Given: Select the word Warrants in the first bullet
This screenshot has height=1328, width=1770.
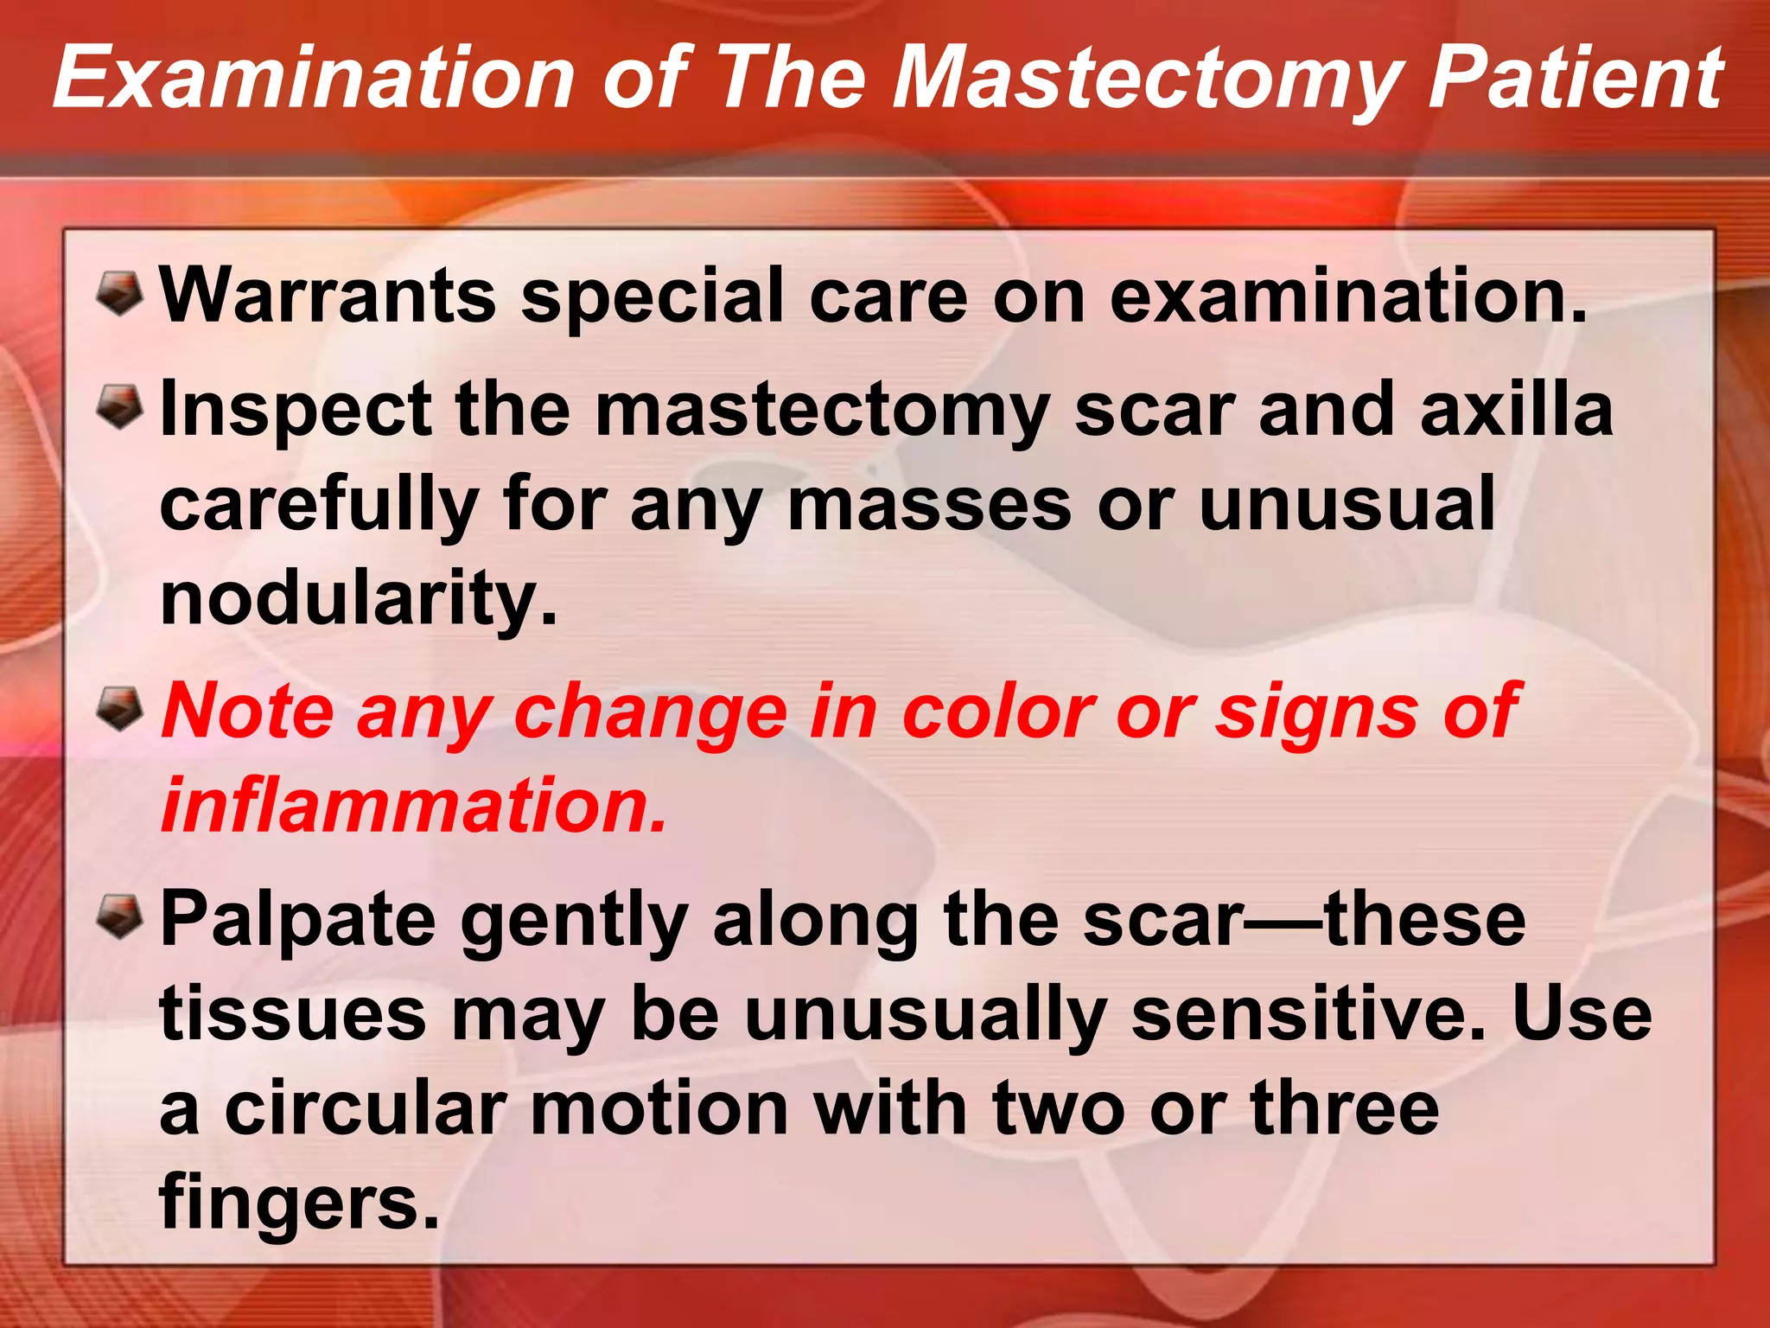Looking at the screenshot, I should [328, 297].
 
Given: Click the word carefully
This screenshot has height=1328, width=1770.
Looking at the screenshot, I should [319, 505].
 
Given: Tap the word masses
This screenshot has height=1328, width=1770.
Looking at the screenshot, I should [929, 505].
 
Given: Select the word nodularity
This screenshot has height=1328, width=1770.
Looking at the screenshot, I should [359, 600].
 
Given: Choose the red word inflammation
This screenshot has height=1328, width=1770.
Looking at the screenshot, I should [415, 806].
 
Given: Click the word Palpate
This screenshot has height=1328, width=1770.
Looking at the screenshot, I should [297, 920].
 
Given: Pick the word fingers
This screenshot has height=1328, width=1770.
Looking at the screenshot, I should [299, 1203].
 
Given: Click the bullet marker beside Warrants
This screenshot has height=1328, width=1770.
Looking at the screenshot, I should [119, 292].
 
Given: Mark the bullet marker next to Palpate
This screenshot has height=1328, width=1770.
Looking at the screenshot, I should [119, 916].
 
